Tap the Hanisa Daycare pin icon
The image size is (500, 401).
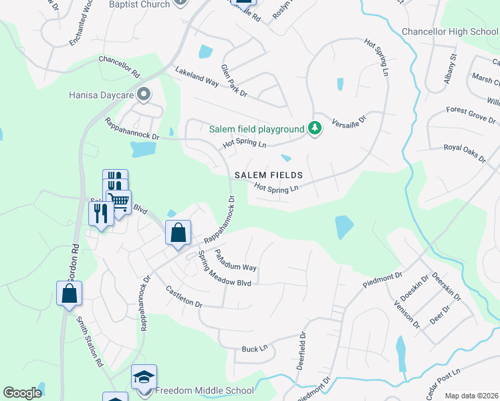(142, 95)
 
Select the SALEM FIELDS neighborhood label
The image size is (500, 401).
(269, 175)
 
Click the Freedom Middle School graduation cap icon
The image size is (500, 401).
(144, 378)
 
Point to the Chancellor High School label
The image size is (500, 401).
(450, 31)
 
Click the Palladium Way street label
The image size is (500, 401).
(235, 259)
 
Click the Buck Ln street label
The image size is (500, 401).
(255, 348)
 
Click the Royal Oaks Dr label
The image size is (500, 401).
(465, 153)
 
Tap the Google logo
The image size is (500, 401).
(23, 393)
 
